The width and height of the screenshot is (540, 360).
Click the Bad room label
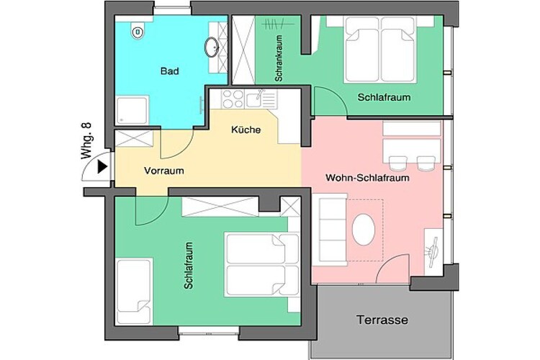click(x=169, y=71)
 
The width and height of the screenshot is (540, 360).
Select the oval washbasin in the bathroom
click(x=212, y=47)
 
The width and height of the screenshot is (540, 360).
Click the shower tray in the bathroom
click(x=132, y=110)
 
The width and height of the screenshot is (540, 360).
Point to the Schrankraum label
click(x=279, y=58)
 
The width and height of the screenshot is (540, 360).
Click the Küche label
click(x=246, y=130)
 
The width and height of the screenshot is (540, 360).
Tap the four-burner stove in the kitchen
click(x=233, y=99)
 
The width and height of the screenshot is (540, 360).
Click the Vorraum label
click(x=164, y=171)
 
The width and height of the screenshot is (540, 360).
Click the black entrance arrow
click(x=102, y=167)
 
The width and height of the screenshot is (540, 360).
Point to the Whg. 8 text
click(x=86, y=140)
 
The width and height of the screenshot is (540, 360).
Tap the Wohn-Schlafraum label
click(x=367, y=178)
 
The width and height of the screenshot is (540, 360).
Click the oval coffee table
click(x=364, y=230)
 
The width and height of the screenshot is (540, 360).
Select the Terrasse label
click(x=382, y=320)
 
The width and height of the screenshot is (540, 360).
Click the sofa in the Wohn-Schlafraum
click(x=330, y=230)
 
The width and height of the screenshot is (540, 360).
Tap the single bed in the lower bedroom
click(x=134, y=292)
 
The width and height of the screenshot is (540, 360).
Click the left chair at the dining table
click(x=397, y=163)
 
